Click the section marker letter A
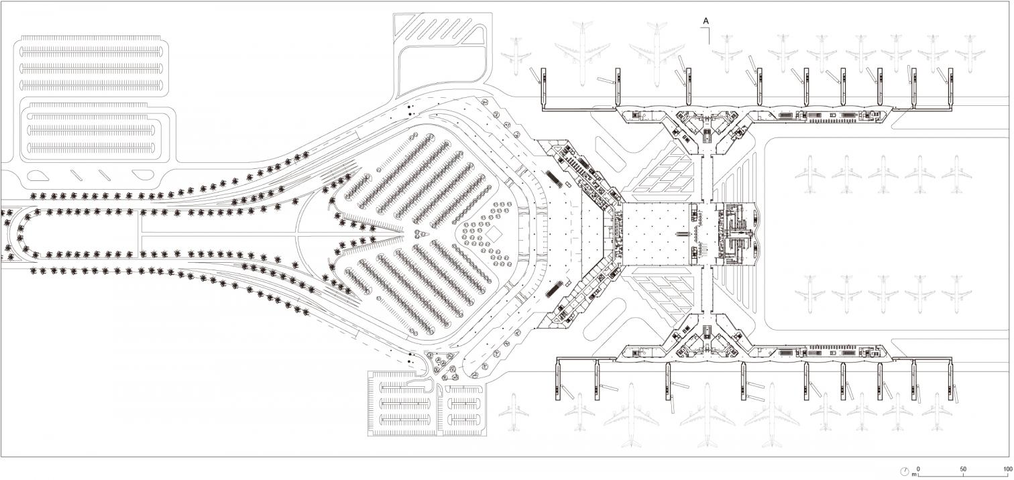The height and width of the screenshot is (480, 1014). pos(706,21)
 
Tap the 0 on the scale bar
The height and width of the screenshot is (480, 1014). pos(919,469)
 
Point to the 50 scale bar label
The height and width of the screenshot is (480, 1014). pos(963,469)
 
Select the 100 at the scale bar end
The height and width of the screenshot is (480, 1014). pos(1007,469)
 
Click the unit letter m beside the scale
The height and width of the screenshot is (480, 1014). pos(913,474)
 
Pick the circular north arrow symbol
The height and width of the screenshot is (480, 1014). pos(905,471)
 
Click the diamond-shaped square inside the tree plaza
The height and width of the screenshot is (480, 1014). pos(497,233)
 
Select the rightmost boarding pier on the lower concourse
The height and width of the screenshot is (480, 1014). pos(951,380)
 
